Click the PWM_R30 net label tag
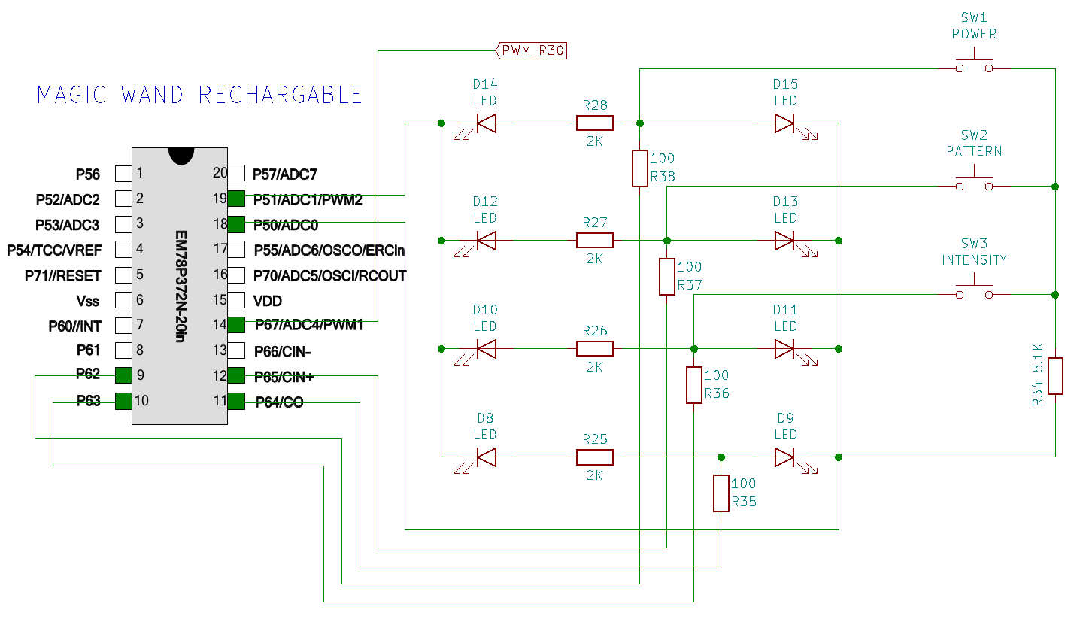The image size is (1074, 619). click(531, 50)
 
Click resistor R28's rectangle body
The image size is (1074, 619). click(594, 123)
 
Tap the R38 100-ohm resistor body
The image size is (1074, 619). click(639, 168)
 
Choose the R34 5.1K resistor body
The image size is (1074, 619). click(1055, 376)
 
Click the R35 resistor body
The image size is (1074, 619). click(721, 493)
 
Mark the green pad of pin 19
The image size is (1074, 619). click(236, 199)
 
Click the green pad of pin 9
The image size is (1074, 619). click(123, 375)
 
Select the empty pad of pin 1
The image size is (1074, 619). click(123, 174)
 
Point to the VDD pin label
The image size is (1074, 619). click(268, 301)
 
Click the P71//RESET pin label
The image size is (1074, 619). click(63, 276)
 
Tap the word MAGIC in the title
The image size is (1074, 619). click(71, 95)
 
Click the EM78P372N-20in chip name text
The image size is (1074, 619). click(181, 287)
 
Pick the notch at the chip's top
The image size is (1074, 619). click(181, 156)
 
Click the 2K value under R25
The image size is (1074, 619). click(594, 475)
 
